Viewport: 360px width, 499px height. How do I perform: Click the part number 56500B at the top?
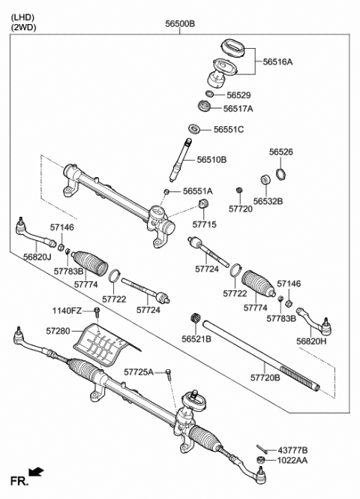[180, 24]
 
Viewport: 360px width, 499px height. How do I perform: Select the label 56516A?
[277, 62]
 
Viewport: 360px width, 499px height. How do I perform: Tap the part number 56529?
[239, 95]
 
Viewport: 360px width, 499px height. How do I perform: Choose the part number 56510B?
[212, 160]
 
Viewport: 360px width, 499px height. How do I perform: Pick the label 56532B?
[268, 201]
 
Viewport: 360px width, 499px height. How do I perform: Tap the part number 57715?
[204, 224]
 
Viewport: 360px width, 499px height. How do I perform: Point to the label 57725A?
[139, 371]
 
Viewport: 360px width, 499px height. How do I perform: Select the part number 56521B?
[196, 339]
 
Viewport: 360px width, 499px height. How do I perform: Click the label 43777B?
[293, 449]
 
